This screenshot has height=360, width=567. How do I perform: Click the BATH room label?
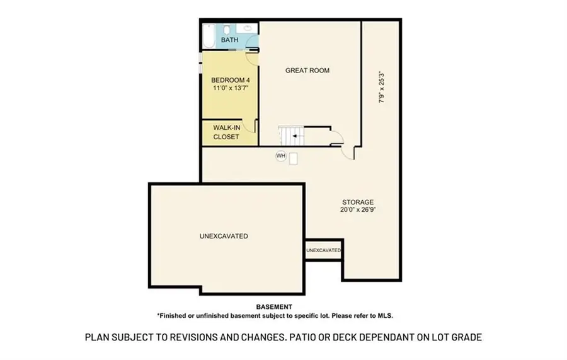(229, 40)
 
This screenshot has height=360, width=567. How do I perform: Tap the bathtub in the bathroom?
(209, 36)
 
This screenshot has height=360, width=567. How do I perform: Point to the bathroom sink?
(248, 28)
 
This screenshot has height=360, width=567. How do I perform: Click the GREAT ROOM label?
(307, 71)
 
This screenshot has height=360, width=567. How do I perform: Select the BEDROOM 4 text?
(231, 80)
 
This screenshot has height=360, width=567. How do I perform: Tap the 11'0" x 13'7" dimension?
(231, 88)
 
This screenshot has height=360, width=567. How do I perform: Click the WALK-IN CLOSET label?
(226, 132)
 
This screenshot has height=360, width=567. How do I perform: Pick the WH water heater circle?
(281, 156)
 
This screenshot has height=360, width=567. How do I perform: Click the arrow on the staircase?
(297, 136)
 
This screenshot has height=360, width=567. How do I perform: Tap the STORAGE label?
(358, 202)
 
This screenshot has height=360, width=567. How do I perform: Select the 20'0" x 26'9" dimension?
(358, 209)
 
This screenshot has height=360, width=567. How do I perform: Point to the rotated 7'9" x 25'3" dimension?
(382, 87)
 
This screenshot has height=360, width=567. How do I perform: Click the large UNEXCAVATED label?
(224, 236)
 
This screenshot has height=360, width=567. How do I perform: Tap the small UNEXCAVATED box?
(324, 250)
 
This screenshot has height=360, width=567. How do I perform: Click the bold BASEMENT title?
(274, 307)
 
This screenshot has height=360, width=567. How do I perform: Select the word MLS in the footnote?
(385, 315)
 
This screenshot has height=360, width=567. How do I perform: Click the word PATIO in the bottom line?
(301, 337)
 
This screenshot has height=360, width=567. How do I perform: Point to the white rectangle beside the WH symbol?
(293, 159)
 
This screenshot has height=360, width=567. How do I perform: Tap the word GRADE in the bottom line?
(468, 337)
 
